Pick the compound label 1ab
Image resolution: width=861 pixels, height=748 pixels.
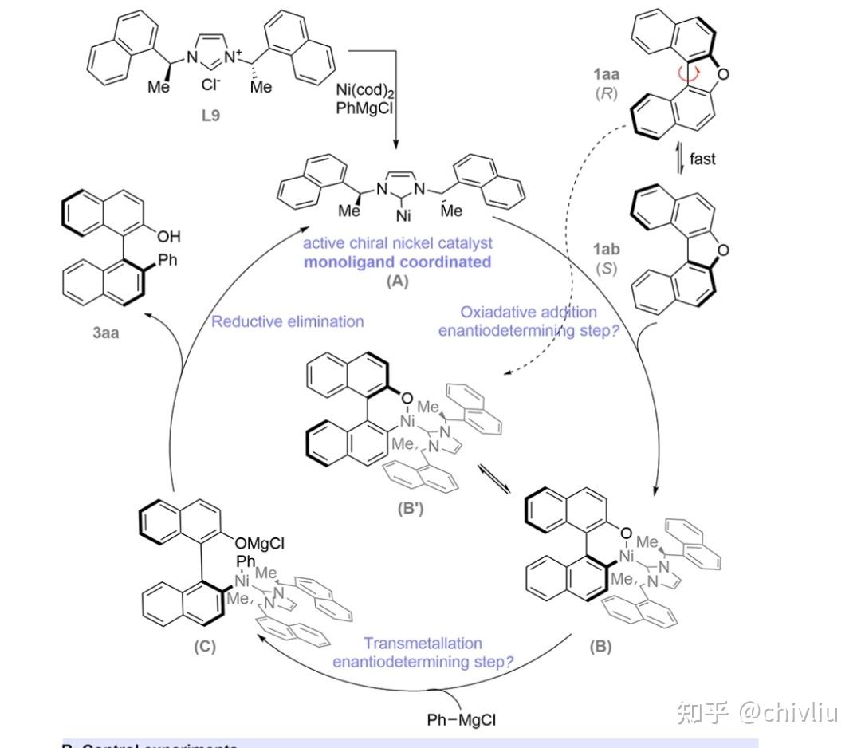point(607,249)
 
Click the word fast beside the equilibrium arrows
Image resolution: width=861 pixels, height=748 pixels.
point(702,159)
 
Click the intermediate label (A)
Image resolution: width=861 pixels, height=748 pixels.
point(396,281)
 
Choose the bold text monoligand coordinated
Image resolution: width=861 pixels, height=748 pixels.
point(397,262)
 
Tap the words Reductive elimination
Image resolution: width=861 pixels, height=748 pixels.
point(287,321)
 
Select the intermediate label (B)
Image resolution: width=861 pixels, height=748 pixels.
point(600,646)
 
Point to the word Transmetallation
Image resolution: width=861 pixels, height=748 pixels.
point(423,643)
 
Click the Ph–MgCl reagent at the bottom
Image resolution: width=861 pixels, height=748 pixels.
point(462,720)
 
